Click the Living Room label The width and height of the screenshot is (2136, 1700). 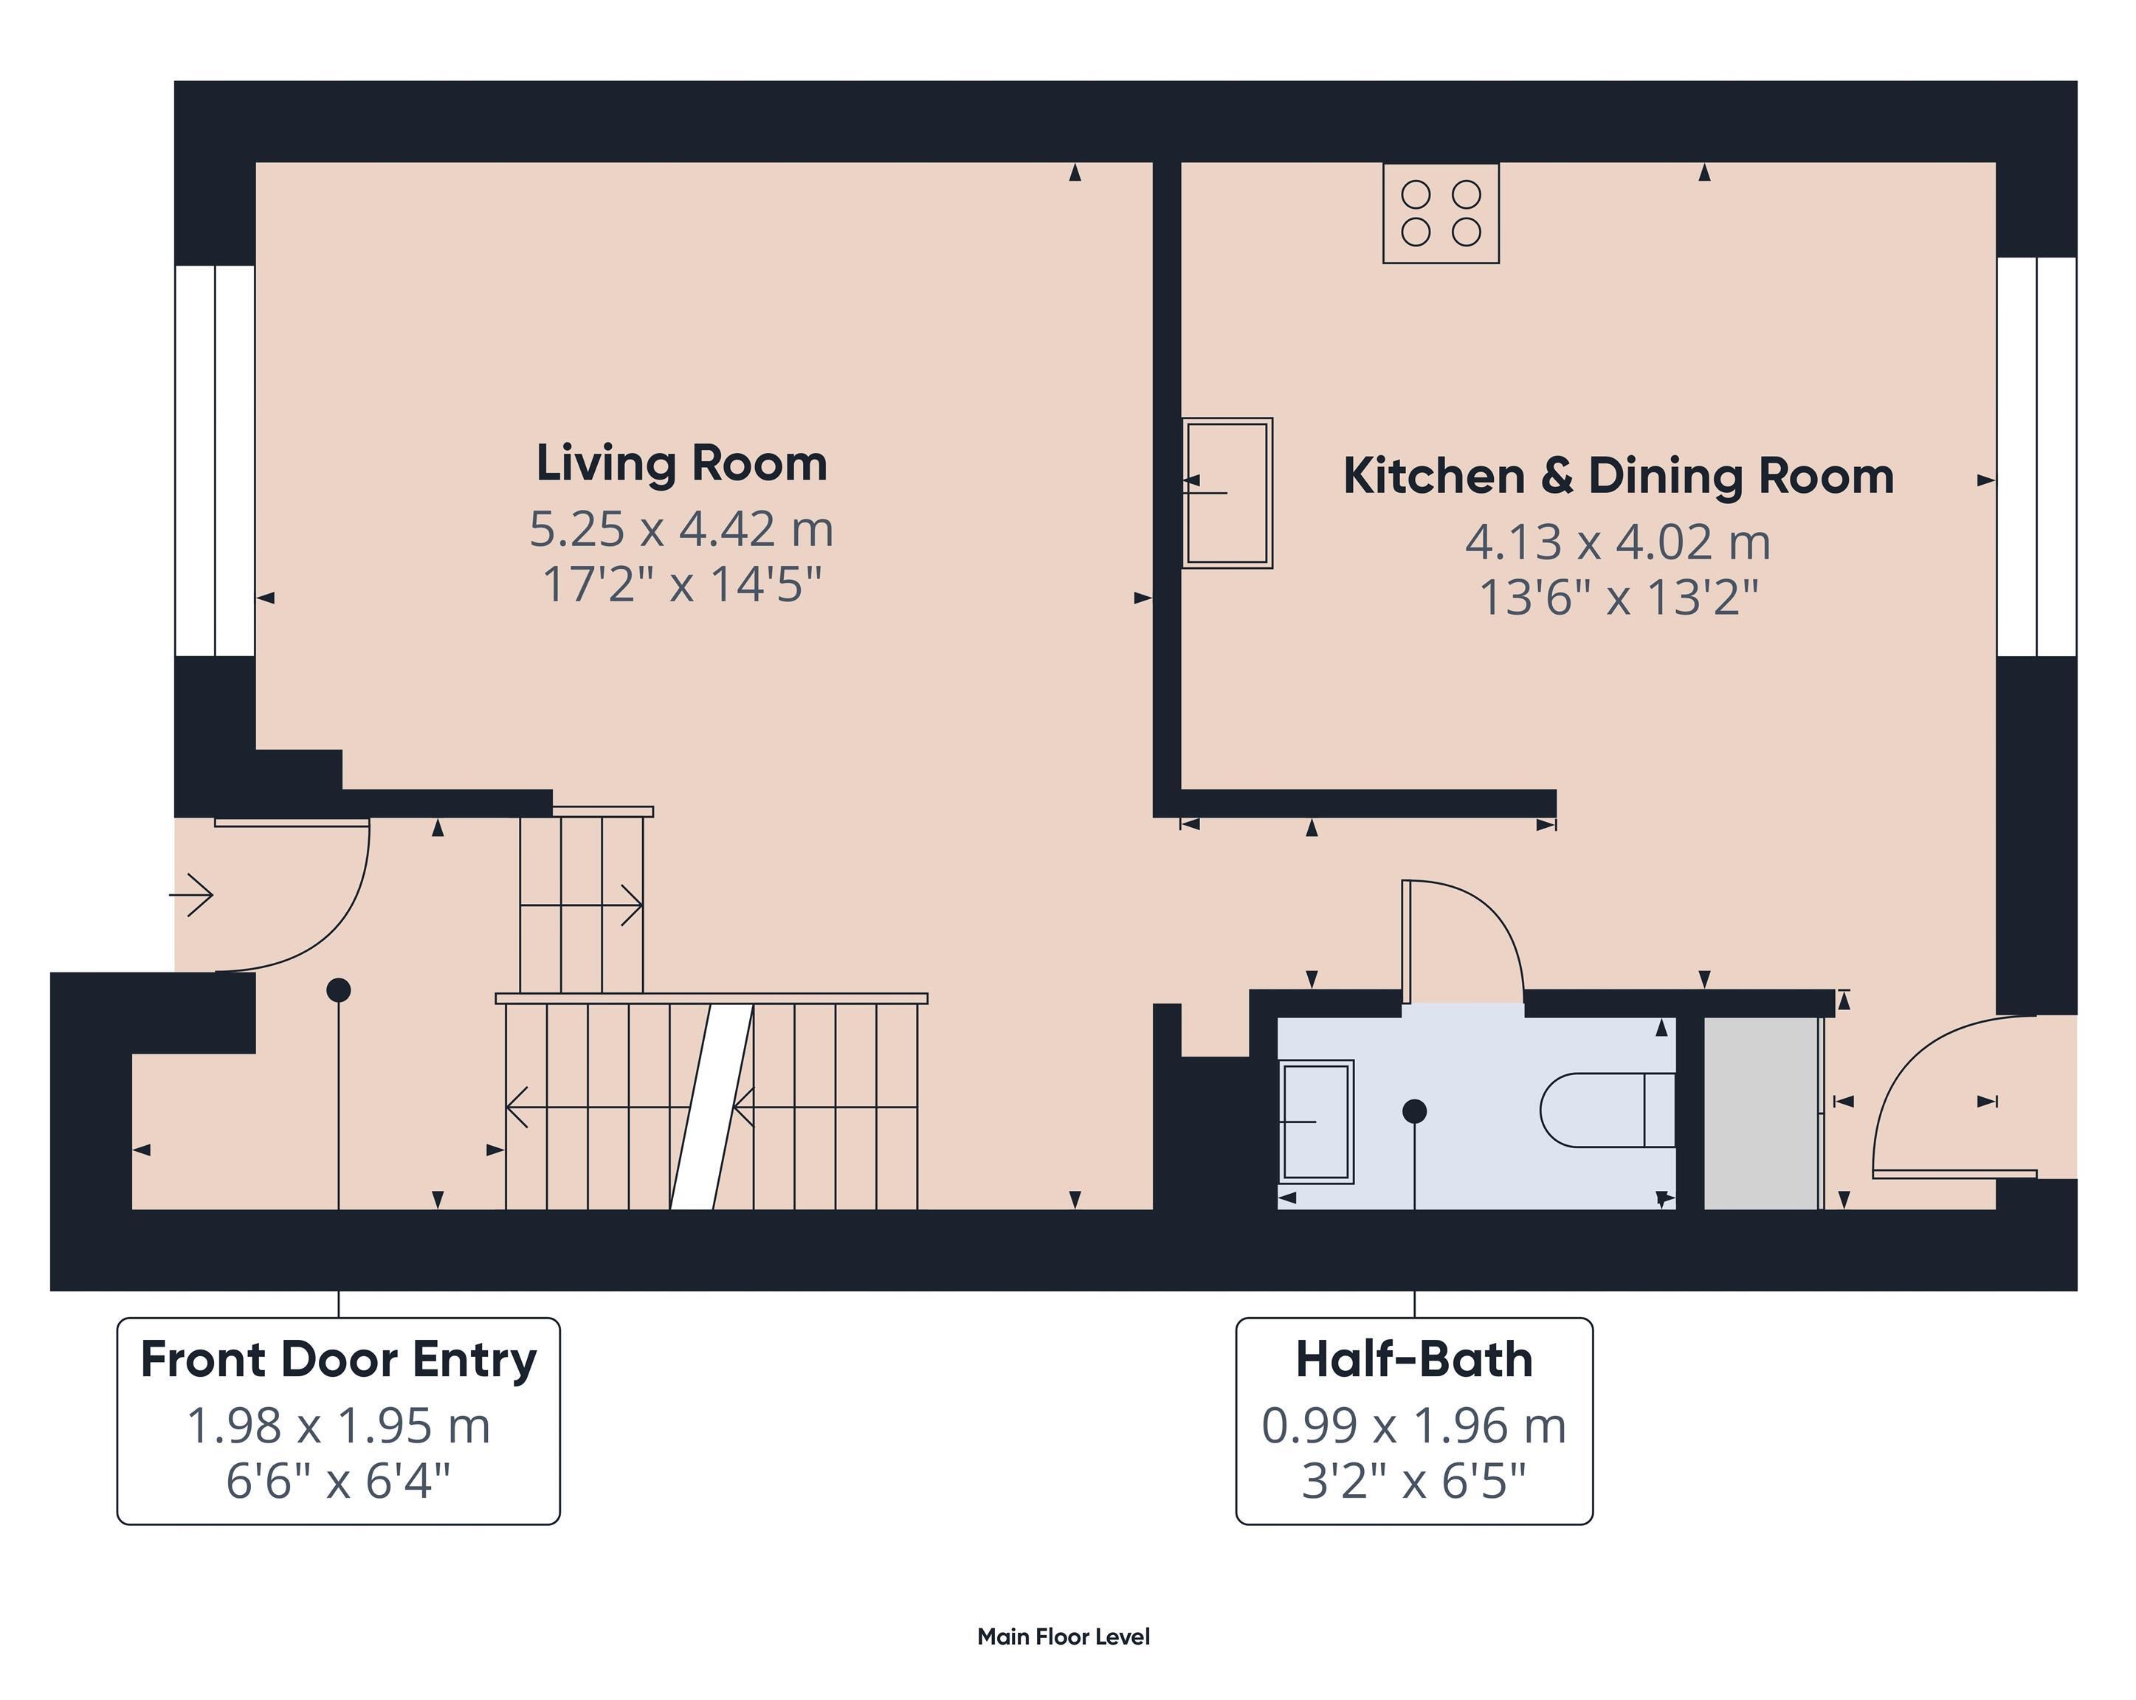tap(682, 463)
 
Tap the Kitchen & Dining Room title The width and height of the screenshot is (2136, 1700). tap(1618, 477)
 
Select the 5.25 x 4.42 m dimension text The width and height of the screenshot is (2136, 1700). tap(682, 529)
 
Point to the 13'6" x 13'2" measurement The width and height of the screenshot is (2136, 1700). tap(1618, 598)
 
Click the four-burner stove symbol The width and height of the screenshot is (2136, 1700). tap(1441, 213)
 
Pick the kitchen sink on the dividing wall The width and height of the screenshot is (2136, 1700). tap(1227, 492)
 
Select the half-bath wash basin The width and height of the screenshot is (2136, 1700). tap(1316, 1122)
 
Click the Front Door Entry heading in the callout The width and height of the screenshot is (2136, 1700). tap(339, 1359)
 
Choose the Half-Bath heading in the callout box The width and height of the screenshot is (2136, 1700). tap(1413, 1359)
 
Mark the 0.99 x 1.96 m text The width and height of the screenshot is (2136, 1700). tap(1413, 1426)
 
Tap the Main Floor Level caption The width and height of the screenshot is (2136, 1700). tap(1063, 1637)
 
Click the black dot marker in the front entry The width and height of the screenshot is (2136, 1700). tap(339, 989)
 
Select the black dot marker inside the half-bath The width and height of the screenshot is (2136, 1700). tap(1415, 1111)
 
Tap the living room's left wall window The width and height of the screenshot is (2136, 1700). tap(215, 460)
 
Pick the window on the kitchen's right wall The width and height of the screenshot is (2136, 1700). tap(2036, 457)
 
